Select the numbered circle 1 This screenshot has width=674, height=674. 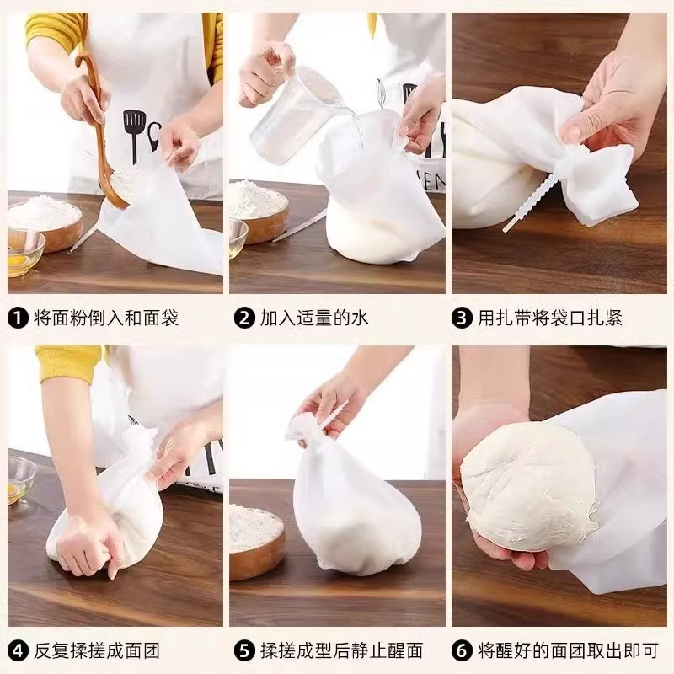click(18, 318)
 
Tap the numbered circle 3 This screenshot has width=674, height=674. click(462, 318)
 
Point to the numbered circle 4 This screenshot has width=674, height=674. click(18, 650)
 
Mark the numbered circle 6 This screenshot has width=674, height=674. click(462, 650)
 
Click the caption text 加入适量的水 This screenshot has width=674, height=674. click(314, 318)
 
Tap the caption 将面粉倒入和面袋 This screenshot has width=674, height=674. click(106, 318)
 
